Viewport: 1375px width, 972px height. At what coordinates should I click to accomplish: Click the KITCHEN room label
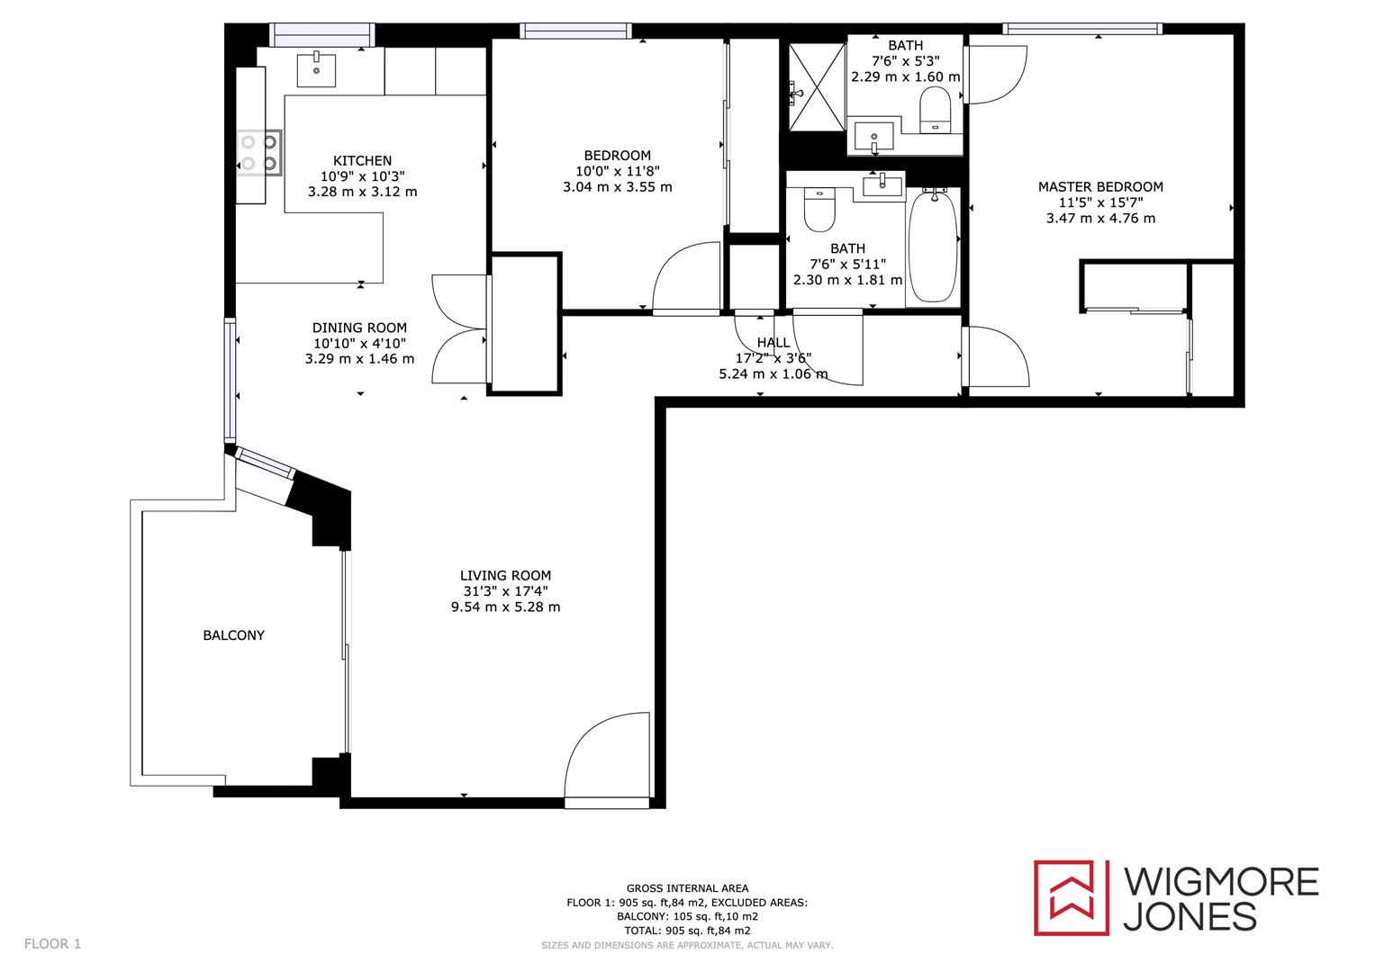[x=362, y=160]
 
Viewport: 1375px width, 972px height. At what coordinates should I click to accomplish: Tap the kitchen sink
[x=316, y=70]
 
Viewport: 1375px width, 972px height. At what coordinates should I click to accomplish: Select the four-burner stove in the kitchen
[x=259, y=153]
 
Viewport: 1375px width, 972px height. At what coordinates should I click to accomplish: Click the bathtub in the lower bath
[x=933, y=246]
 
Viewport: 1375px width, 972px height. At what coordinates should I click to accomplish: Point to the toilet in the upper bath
[x=936, y=112]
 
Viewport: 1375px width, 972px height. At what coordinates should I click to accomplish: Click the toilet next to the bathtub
[x=819, y=210]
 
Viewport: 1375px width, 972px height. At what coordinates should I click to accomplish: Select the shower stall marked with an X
[x=817, y=87]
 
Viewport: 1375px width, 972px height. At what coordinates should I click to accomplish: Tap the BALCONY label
[x=233, y=635]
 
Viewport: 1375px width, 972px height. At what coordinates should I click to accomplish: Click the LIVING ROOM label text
[x=505, y=576]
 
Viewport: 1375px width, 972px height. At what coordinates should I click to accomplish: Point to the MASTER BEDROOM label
[x=1100, y=187]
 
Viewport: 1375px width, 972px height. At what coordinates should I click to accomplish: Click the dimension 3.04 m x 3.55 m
[x=617, y=187]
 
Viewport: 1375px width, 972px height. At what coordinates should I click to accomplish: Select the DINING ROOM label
[x=359, y=328]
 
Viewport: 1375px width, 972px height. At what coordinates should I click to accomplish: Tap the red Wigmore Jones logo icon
[x=1071, y=897]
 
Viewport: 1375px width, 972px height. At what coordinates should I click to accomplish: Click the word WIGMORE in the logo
[x=1220, y=881]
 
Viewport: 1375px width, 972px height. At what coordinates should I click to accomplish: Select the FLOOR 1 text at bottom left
[x=52, y=944]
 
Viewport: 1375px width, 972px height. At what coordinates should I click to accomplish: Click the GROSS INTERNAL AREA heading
[x=687, y=888]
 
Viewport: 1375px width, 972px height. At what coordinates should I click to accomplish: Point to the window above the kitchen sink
[x=322, y=35]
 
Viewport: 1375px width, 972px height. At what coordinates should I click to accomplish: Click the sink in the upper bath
[x=873, y=137]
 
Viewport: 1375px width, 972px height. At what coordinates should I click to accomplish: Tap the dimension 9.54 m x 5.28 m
[x=505, y=607]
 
